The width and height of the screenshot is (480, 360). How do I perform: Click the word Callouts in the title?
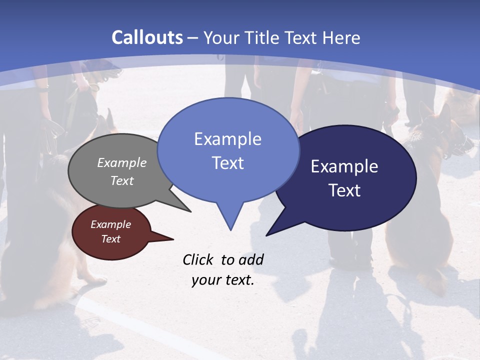(x=147, y=37)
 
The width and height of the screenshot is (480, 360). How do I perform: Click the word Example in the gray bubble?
(x=121, y=162)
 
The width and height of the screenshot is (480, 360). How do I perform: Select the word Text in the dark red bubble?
(x=111, y=239)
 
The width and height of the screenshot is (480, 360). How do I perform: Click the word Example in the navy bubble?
(x=344, y=166)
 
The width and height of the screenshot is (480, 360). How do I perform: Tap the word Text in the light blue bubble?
(x=227, y=163)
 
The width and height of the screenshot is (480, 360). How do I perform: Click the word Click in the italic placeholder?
(x=198, y=259)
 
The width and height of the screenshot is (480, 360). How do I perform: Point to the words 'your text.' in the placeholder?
(x=223, y=280)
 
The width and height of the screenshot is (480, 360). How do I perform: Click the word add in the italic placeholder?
(x=250, y=259)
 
